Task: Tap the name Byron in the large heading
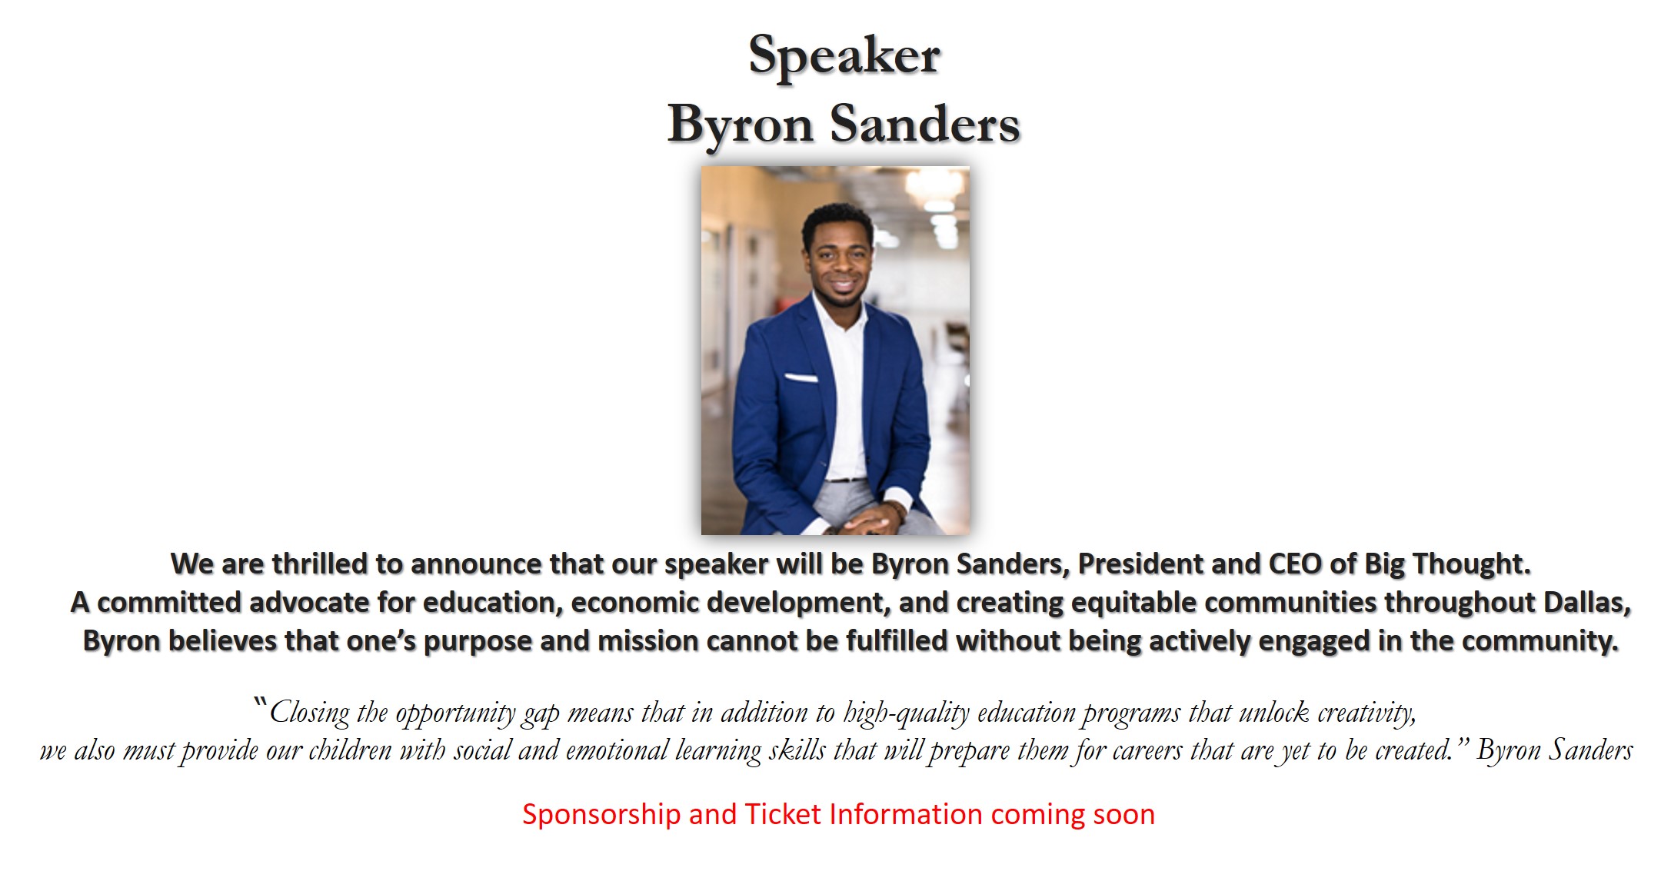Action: click(x=741, y=125)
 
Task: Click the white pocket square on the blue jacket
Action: click(x=801, y=377)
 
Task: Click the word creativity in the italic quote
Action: click(x=1366, y=713)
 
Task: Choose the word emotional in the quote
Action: click(x=617, y=750)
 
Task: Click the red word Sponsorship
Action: click(x=601, y=815)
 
